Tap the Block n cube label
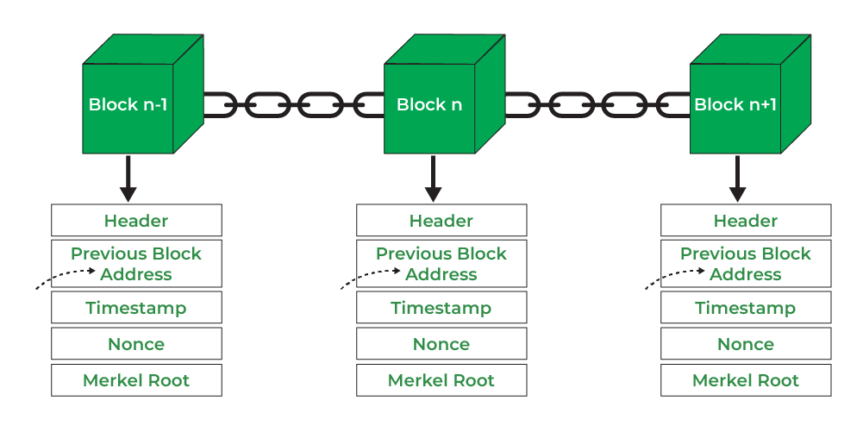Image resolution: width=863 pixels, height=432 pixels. (429, 105)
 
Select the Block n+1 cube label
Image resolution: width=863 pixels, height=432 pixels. (735, 105)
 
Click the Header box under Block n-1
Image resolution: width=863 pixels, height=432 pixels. (136, 221)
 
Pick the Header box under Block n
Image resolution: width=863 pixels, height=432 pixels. (441, 221)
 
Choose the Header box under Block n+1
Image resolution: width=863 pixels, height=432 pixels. (746, 221)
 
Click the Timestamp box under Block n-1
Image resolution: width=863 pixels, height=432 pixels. (136, 308)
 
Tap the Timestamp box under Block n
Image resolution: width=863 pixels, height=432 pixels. (441, 308)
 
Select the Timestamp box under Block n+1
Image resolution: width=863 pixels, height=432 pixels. (746, 308)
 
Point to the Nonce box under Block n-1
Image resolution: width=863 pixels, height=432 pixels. (136, 344)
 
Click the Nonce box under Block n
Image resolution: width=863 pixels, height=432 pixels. (441, 344)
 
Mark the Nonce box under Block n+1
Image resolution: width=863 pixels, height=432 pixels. (746, 344)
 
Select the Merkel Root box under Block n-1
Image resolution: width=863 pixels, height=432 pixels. (136, 380)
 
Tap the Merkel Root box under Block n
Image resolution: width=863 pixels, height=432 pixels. (441, 380)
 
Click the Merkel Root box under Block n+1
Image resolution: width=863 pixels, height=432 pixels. (746, 380)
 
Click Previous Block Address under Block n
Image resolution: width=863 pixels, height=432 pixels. (441, 264)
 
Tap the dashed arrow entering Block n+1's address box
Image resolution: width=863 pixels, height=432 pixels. (677, 278)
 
